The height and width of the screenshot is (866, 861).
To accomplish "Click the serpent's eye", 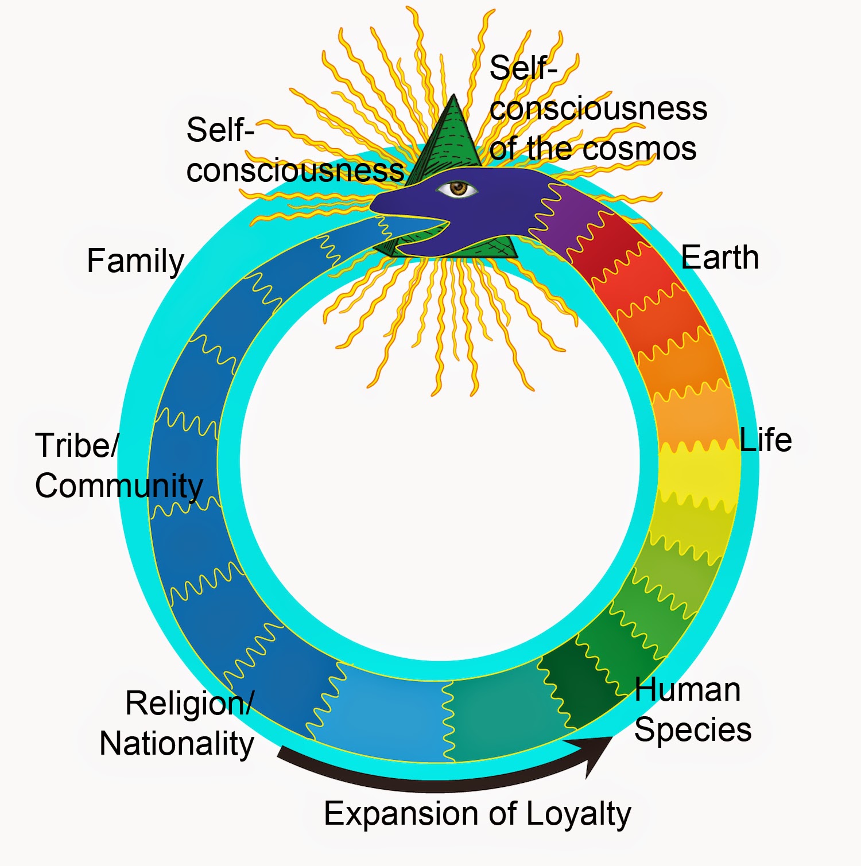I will pos(457,188).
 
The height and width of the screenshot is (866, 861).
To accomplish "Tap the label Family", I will pos(135,261).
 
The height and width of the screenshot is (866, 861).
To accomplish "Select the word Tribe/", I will pos(77,445).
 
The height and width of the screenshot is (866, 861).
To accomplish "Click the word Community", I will pos(119,486).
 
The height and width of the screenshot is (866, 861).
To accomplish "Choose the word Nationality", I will pos(177,744).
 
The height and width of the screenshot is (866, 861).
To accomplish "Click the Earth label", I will pos(720,257).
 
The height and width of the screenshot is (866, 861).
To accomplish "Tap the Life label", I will pos(765,440).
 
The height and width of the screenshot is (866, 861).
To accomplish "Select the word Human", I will pos(687,690).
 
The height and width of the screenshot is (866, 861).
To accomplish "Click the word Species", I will pos(693,730).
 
